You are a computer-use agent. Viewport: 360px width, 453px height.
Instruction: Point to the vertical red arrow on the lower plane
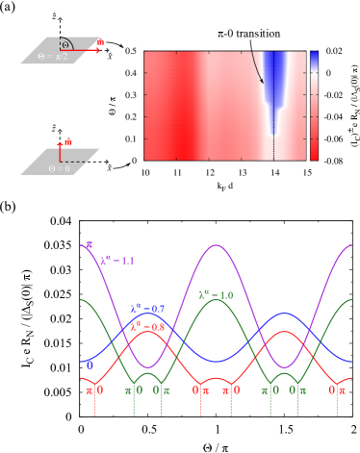tap(60, 152)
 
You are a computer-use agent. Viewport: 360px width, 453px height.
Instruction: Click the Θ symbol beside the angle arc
tap(65, 45)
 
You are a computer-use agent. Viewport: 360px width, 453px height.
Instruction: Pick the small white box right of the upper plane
tap(110, 47)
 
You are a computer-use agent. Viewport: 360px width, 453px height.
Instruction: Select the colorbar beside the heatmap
tap(314, 105)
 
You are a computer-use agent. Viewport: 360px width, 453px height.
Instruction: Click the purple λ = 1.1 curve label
tap(117, 261)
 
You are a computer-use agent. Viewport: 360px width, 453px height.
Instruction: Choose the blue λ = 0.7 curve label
tap(148, 309)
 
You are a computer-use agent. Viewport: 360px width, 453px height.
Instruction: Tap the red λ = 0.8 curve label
tap(147, 326)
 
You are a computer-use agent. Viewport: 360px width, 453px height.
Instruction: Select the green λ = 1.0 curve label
tap(216, 295)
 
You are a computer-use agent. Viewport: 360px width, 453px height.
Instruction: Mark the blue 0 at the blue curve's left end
tap(90, 365)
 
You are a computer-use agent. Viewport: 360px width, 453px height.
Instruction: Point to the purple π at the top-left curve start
tap(90, 246)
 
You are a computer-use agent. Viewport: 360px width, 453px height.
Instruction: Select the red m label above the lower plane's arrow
tap(68, 141)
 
